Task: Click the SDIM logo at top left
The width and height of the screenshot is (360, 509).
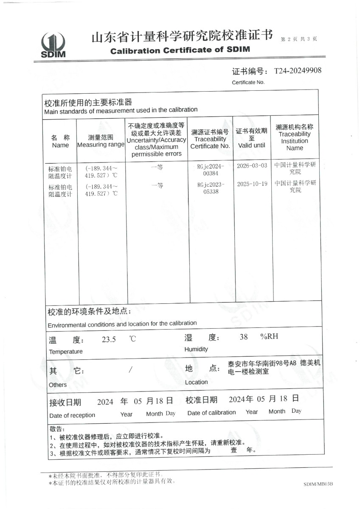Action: pyautogui.click(x=53, y=45)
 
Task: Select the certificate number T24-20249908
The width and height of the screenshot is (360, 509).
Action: pyautogui.click(x=298, y=70)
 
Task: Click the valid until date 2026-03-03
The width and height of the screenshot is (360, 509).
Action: pyautogui.click(x=252, y=165)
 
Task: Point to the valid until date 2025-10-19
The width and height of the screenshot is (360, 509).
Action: pyautogui.click(x=252, y=184)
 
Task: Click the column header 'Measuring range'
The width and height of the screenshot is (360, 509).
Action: pyautogui.click(x=101, y=145)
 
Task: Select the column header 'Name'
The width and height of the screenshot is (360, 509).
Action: pyautogui.click(x=60, y=145)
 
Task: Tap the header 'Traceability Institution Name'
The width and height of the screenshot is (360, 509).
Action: pyautogui.click(x=295, y=141)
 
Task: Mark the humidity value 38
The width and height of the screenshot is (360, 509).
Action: pyautogui.click(x=244, y=337)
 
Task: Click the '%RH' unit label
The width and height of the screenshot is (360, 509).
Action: pyautogui.click(x=269, y=337)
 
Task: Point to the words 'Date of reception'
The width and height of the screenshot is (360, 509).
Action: pyautogui.click(x=72, y=415)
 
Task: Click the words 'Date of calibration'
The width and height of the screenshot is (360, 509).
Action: pyautogui.click(x=211, y=413)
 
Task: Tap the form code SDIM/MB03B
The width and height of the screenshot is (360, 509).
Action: pyautogui.click(x=318, y=484)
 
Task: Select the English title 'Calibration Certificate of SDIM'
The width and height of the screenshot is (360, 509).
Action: pyautogui.click(x=180, y=50)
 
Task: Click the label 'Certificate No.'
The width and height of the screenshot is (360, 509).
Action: pyautogui.click(x=248, y=82)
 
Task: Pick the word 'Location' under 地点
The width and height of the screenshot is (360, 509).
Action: pyautogui.click(x=197, y=382)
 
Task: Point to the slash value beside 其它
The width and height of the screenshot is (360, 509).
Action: pyautogui.click(x=130, y=369)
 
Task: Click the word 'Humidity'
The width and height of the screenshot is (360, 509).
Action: pyautogui.click(x=196, y=349)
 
